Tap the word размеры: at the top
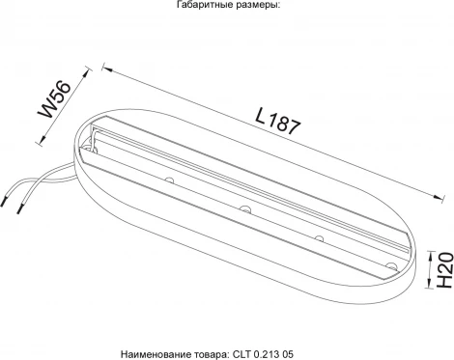pos(251,5)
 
